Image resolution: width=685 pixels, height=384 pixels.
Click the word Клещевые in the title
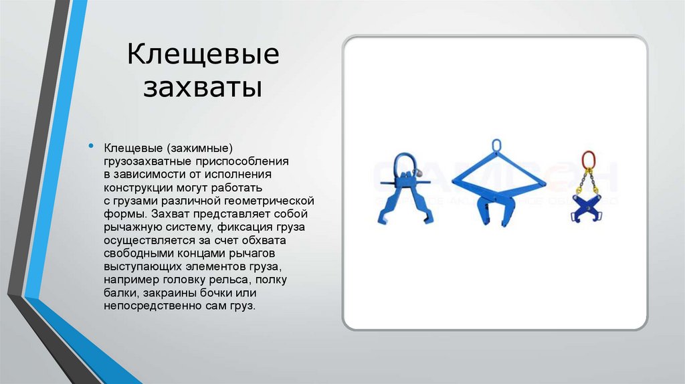click(x=203, y=56)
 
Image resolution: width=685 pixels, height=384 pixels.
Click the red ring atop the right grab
click(x=588, y=159)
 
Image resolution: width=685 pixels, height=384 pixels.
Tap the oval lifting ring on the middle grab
click(x=496, y=147)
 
